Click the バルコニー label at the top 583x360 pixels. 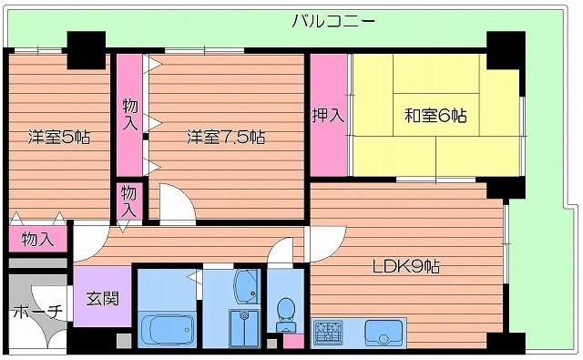pos(333,21)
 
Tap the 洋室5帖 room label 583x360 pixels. pos(58,138)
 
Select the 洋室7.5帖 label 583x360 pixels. pos(227,138)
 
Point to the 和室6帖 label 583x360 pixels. pos(435,116)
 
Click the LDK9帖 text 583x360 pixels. pos(405,267)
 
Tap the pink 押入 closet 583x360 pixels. pos(329,116)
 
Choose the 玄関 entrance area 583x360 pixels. pos(101,297)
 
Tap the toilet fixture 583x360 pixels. pos(286,312)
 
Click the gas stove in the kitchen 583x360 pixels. pos(328,332)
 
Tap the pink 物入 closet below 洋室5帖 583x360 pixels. pos(36,240)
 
